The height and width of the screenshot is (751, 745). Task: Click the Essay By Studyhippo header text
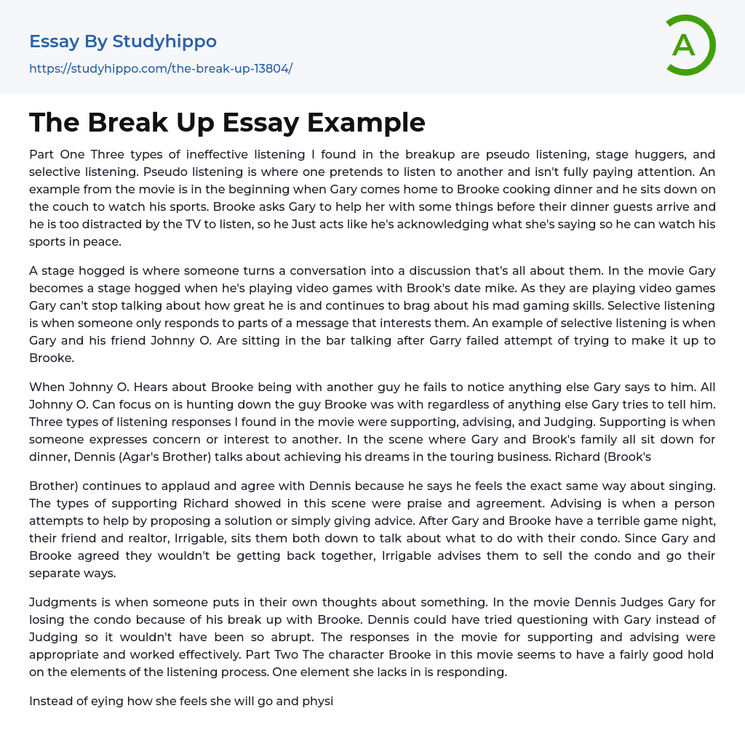[x=123, y=41]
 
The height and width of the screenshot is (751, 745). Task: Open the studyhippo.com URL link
[x=161, y=69]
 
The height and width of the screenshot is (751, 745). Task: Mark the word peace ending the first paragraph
[x=103, y=241]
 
